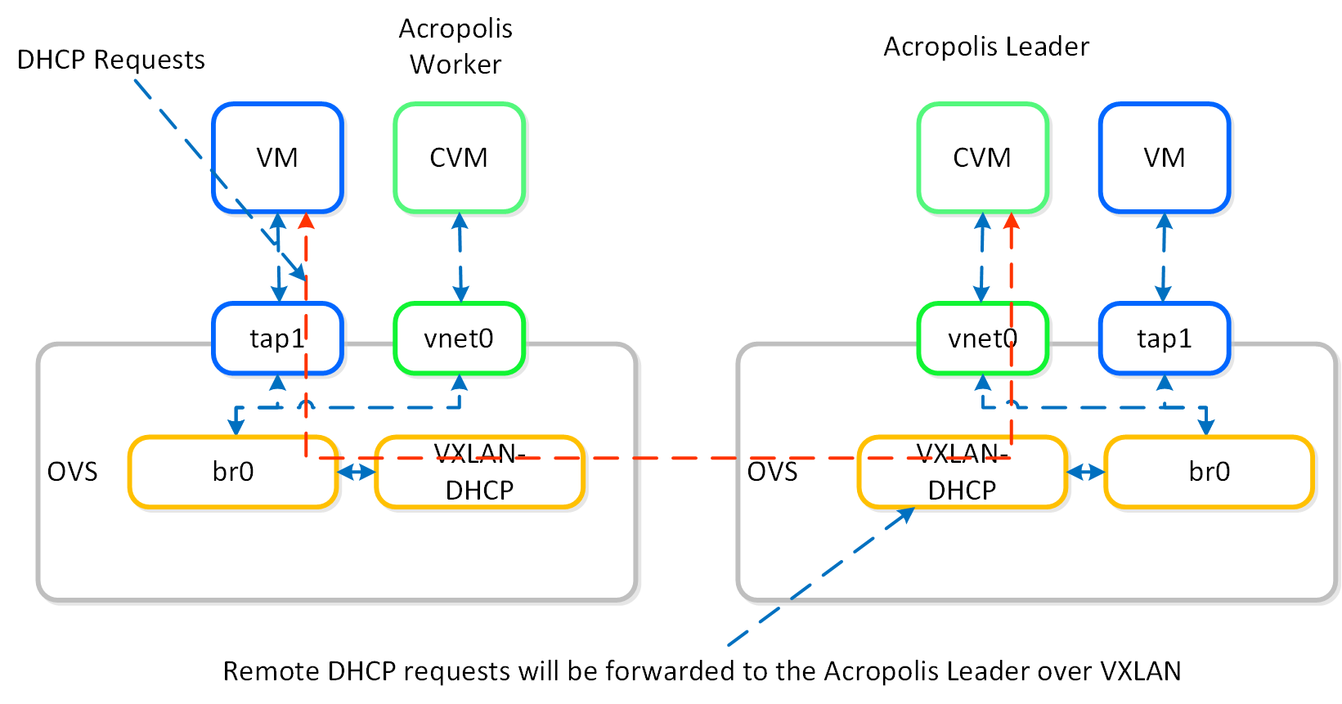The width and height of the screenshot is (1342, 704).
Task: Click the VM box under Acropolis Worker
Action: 277,158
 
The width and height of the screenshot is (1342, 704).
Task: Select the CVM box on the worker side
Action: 459,158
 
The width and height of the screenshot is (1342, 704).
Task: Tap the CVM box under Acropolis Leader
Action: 982,158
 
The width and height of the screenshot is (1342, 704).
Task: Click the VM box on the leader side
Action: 1164,158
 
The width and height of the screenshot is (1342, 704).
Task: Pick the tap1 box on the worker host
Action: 277,339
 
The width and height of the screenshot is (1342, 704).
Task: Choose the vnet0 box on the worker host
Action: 459,339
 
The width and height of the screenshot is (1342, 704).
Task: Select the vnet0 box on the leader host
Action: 982,339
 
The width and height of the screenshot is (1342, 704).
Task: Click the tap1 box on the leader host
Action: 1164,339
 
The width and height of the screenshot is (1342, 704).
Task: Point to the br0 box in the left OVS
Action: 233,472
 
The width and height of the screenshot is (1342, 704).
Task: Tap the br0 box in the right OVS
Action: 1209,472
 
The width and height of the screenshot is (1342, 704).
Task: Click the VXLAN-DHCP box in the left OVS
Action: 479,472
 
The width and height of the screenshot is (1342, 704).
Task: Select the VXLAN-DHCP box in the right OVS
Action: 962,472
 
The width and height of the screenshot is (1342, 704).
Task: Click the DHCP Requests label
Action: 111,60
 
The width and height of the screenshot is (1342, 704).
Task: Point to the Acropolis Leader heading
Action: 986,47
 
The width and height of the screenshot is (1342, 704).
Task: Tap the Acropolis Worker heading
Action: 456,46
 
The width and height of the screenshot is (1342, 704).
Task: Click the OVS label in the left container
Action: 72,472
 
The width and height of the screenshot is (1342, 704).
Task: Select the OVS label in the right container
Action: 772,472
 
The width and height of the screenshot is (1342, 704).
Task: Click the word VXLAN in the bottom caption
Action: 1140,671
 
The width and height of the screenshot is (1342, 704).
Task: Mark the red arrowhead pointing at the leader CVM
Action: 1012,221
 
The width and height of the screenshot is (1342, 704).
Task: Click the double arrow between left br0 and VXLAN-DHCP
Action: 357,472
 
